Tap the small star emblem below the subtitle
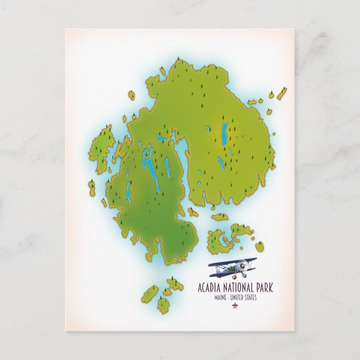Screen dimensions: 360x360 click(234, 306)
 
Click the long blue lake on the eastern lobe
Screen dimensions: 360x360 click(225, 134)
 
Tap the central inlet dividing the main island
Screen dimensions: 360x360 click(181, 159)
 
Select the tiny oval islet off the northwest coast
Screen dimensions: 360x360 click(132, 95)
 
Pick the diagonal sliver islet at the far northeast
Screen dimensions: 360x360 click(282, 93)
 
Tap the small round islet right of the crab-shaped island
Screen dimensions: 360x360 click(259, 245)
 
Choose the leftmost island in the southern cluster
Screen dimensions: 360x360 click(149, 295)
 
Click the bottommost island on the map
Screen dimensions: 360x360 click(163, 305)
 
